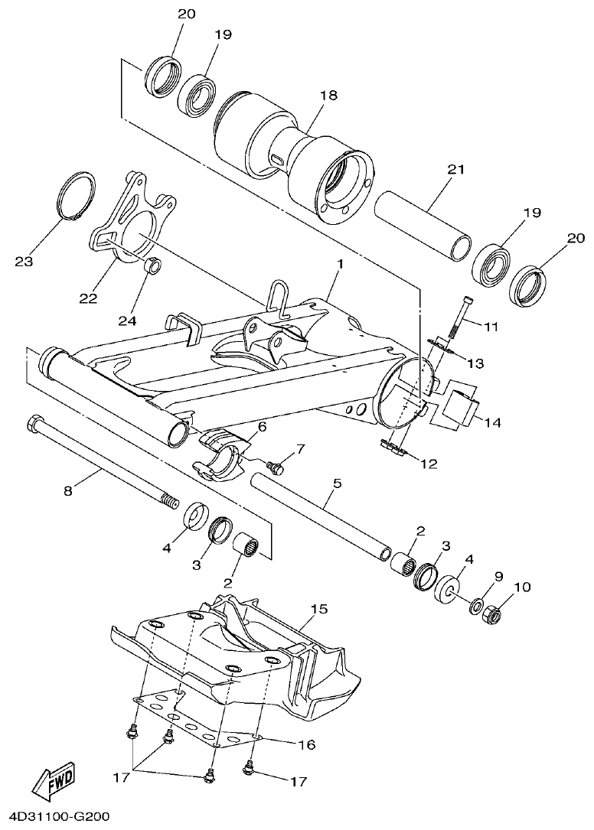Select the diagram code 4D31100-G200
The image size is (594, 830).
56,818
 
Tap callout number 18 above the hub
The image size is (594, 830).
328,96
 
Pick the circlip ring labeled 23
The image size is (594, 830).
77,198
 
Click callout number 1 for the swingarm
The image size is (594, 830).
339,264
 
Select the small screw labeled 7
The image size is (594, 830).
276,464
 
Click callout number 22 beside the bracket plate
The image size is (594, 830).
89,298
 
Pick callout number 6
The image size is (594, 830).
262,426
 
